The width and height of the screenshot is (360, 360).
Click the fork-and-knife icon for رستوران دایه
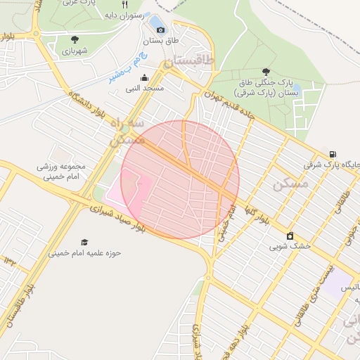pyautogui.click(x=124, y=4)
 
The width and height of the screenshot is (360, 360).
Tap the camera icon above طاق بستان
pyautogui.click(x=161, y=30)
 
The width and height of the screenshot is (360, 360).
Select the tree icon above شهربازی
pyautogui.click(x=75, y=39)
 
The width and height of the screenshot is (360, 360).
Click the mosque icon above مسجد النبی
pyautogui.click(x=144, y=77)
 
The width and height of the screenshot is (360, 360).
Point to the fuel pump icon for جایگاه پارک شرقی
pyautogui.click(x=332, y=154)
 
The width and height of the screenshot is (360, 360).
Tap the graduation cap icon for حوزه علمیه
pyautogui.click(x=84, y=242)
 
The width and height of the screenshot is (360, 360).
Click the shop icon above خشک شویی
pyautogui.click(x=289, y=236)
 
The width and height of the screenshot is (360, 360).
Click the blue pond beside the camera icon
pyautogui.click(x=153, y=23)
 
